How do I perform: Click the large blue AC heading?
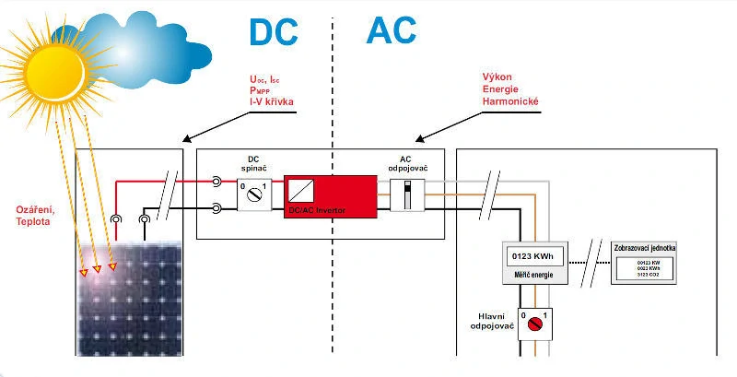click(391, 30)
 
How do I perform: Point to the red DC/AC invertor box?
click(330, 196)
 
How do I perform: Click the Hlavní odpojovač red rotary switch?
click(533, 323)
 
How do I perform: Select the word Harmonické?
click(509, 100)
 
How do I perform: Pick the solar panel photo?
click(134, 300)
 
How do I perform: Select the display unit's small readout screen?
click(649, 269)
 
